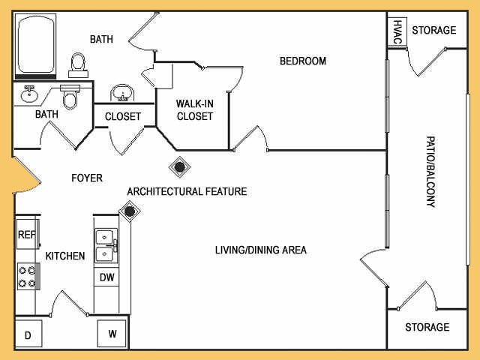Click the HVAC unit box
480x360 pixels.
[397, 32]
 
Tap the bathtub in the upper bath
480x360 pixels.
[35, 46]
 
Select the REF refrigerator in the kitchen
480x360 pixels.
[28, 234]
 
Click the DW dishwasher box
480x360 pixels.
[106, 277]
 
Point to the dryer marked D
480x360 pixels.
[28, 334]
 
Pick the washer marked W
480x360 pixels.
[112, 333]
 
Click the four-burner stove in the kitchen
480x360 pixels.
[28, 276]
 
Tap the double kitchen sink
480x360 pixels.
[106, 245]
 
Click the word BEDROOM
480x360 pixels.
[303, 61]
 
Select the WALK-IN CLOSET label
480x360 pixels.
[195, 110]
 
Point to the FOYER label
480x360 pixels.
[87, 178]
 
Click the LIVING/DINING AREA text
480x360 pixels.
[261, 250]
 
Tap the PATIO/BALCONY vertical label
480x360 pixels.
[430, 172]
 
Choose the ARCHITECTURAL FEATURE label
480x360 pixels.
[187, 192]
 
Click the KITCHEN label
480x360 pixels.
[65, 256]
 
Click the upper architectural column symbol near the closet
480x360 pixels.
[180, 166]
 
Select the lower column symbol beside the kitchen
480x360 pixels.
[130, 211]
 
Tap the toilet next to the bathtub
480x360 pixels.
[78, 65]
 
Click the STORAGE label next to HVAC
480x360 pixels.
[434, 30]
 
